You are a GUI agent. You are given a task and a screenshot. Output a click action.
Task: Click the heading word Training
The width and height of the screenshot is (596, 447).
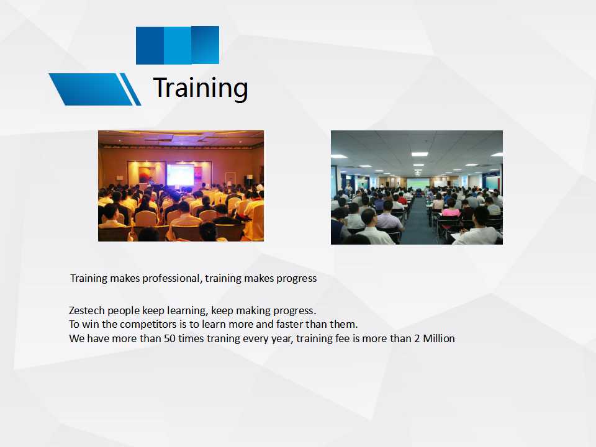(201, 88)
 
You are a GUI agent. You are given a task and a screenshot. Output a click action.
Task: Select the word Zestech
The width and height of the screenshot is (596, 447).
(87, 310)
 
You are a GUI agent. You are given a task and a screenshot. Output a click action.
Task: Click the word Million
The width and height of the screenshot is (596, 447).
(439, 338)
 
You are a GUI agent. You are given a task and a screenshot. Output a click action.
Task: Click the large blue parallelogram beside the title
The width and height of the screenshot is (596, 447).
(91, 89)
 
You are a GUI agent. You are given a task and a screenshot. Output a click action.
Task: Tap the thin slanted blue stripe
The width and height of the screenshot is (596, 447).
(130, 89)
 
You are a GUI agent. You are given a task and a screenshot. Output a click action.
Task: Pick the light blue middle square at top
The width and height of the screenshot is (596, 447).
(178, 45)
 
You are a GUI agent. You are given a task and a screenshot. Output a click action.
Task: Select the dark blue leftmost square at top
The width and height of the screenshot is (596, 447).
(150, 45)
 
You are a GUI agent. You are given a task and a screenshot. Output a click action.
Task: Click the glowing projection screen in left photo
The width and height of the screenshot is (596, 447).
(180, 174)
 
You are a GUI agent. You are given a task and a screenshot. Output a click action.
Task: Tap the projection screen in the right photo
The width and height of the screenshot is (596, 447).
(418, 183)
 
